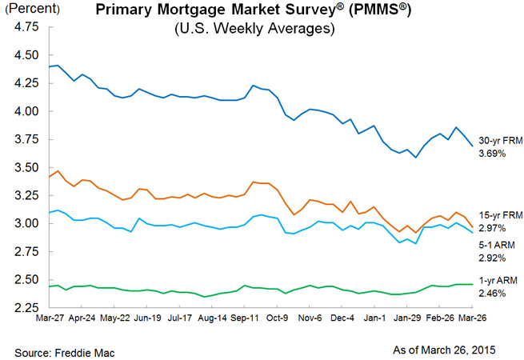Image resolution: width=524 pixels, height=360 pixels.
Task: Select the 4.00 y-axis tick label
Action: (x=27, y=112)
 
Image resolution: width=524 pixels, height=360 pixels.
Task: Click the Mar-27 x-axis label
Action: (x=50, y=318)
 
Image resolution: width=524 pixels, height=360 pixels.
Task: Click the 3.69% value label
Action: (x=492, y=151)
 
